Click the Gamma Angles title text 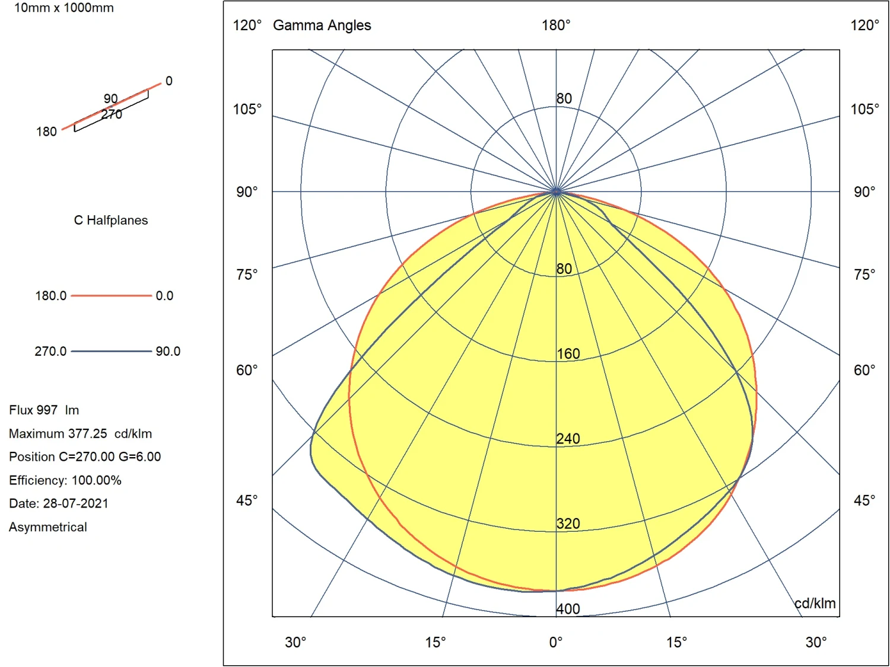[322, 25]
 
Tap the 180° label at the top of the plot [556, 25]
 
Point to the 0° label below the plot [556, 643]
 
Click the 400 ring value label [568, 609]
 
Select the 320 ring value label [568, 524]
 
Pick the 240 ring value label [568, 439]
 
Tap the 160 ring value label [568, 354]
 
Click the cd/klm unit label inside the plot [815, 604]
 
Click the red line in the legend [111, 295]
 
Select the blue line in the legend [111, 351]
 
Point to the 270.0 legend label [50, 351]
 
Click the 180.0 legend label [50, 295]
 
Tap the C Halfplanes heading [111, 221]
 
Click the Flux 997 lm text [44, 410]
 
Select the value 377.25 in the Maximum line [87, 433]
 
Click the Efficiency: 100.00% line [65, 480]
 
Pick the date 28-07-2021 [76, 503]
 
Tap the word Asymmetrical [48, 527]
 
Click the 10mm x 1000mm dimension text [63, 8]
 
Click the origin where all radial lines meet [556, 192]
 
